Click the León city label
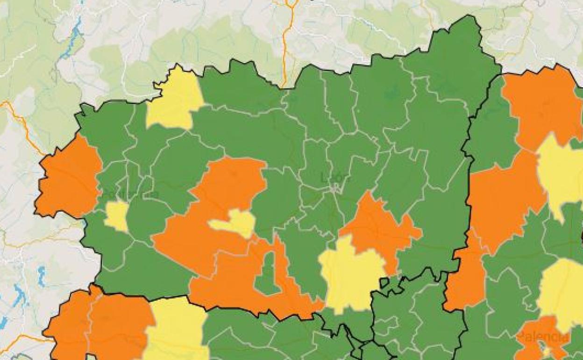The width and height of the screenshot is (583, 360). click(x=335, y=177)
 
